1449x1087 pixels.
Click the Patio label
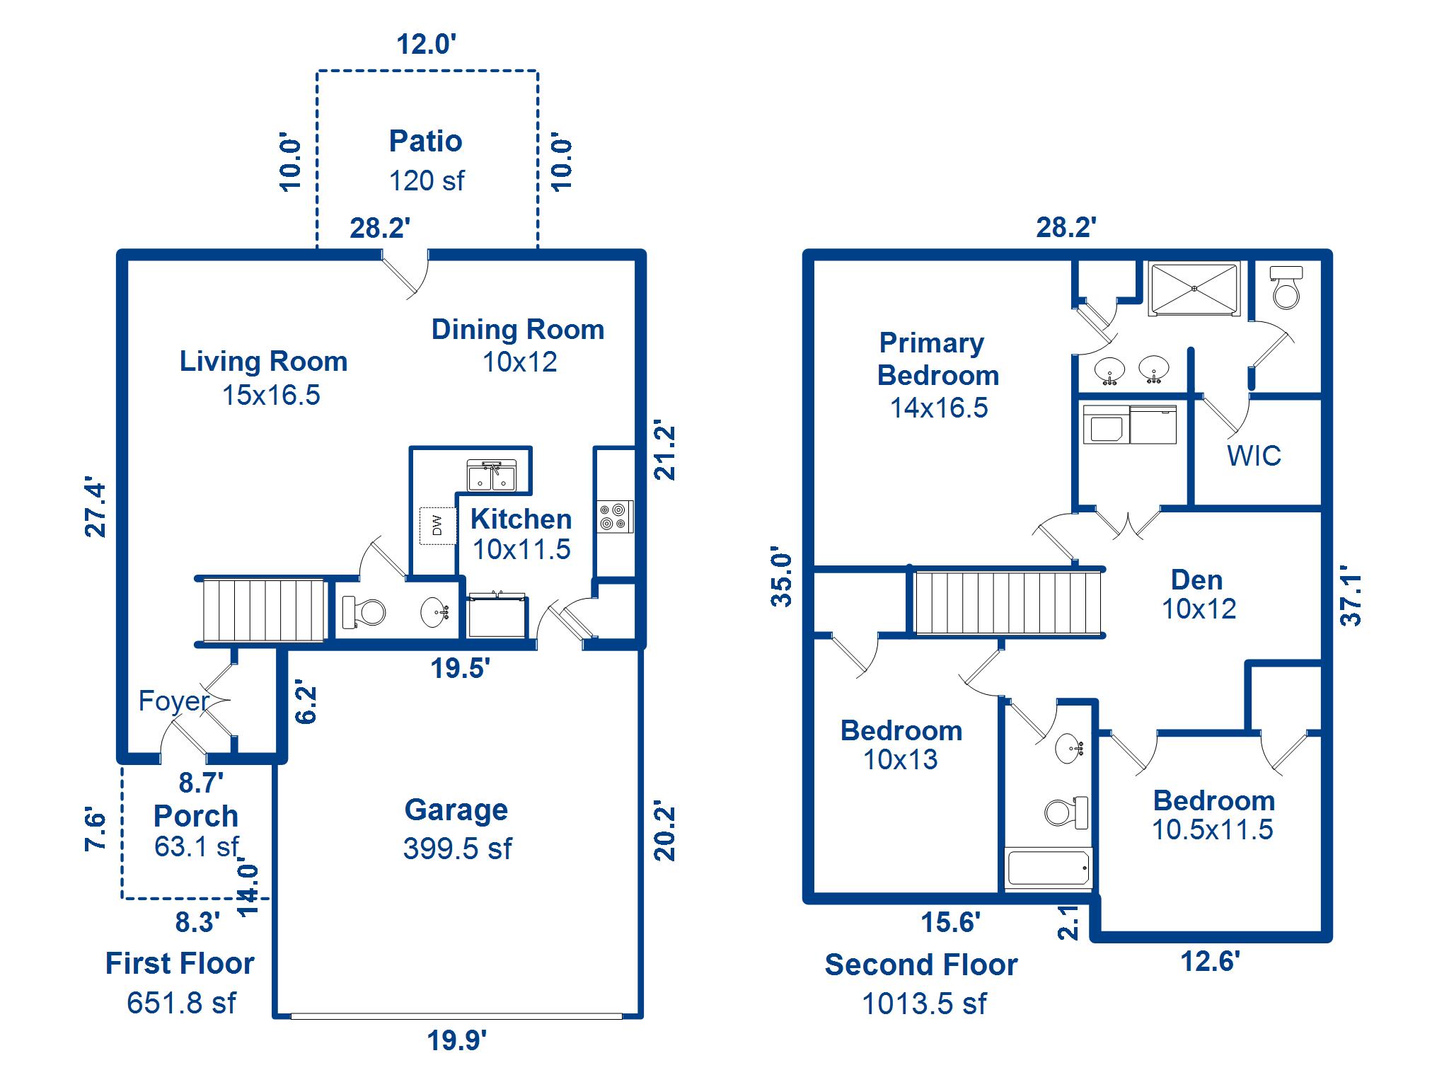pos(425,142)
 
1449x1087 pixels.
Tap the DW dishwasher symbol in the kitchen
pos(437,525)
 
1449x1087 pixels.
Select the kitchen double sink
pos(492,475)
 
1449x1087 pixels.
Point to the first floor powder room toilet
pos(363,611)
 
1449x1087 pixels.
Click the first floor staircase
pos(262,610)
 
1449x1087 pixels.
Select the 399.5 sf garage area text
pos(457,849)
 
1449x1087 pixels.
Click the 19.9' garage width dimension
pos(456,1041)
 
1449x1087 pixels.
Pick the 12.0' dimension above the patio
pos(426,45)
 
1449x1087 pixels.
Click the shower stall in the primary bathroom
pos(1194,289)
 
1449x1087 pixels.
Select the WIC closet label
pos(1254,456)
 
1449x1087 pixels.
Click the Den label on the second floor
pos(1196,580)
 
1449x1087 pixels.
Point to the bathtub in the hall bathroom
pos(1048,868)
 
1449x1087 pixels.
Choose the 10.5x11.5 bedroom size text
pos(1212,830)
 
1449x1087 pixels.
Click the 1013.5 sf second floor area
pos(923,1003)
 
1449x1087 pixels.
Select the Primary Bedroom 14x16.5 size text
pos(938,408)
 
